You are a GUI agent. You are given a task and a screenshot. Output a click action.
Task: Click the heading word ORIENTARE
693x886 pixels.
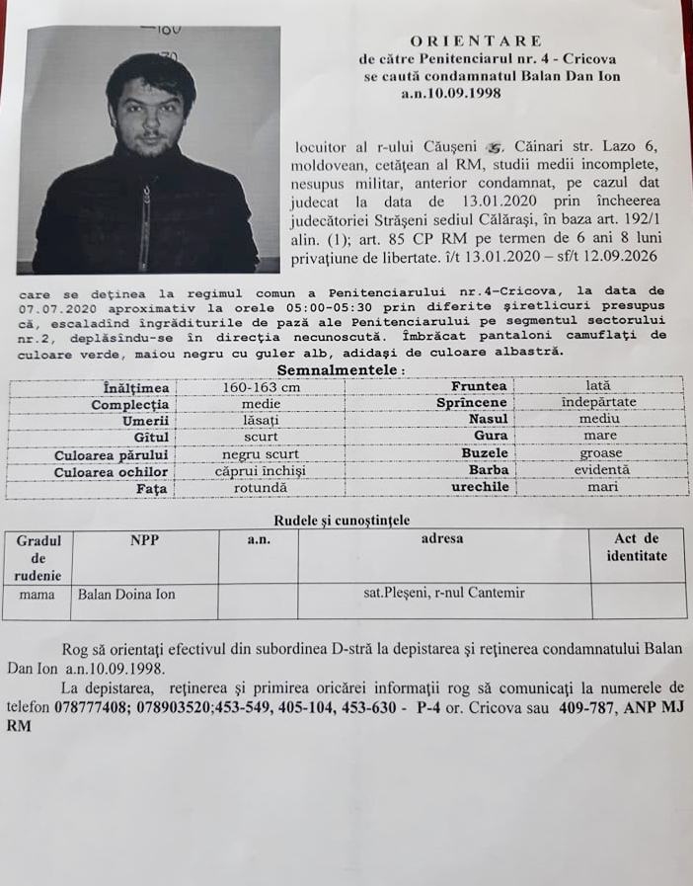[x=476, y=40]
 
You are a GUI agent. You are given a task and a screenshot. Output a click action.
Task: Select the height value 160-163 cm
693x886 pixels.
[x=261, y=387]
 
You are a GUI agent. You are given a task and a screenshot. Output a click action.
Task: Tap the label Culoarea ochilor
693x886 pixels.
[x=111, y=470]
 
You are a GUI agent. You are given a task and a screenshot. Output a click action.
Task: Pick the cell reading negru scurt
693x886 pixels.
[x=261, y=453]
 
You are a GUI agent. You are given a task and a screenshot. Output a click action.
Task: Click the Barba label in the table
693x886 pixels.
[x=489, y=470]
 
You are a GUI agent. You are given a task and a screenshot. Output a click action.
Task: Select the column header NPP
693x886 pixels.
[x=144, y=539]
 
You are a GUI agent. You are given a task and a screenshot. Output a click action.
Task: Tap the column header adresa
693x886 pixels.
[x=442, y=539]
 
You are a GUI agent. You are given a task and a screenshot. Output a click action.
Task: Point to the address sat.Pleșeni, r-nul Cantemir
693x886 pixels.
[x=444, y=594]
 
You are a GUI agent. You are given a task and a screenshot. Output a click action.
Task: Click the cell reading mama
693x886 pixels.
[x=37, y=594]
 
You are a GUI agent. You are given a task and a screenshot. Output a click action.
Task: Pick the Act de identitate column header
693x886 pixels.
[x=637, y=547]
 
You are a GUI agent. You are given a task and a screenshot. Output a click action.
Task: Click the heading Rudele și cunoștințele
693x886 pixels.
[x=341, y=520]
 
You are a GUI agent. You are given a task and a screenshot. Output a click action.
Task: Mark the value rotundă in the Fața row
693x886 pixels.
[x=261, y=488]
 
